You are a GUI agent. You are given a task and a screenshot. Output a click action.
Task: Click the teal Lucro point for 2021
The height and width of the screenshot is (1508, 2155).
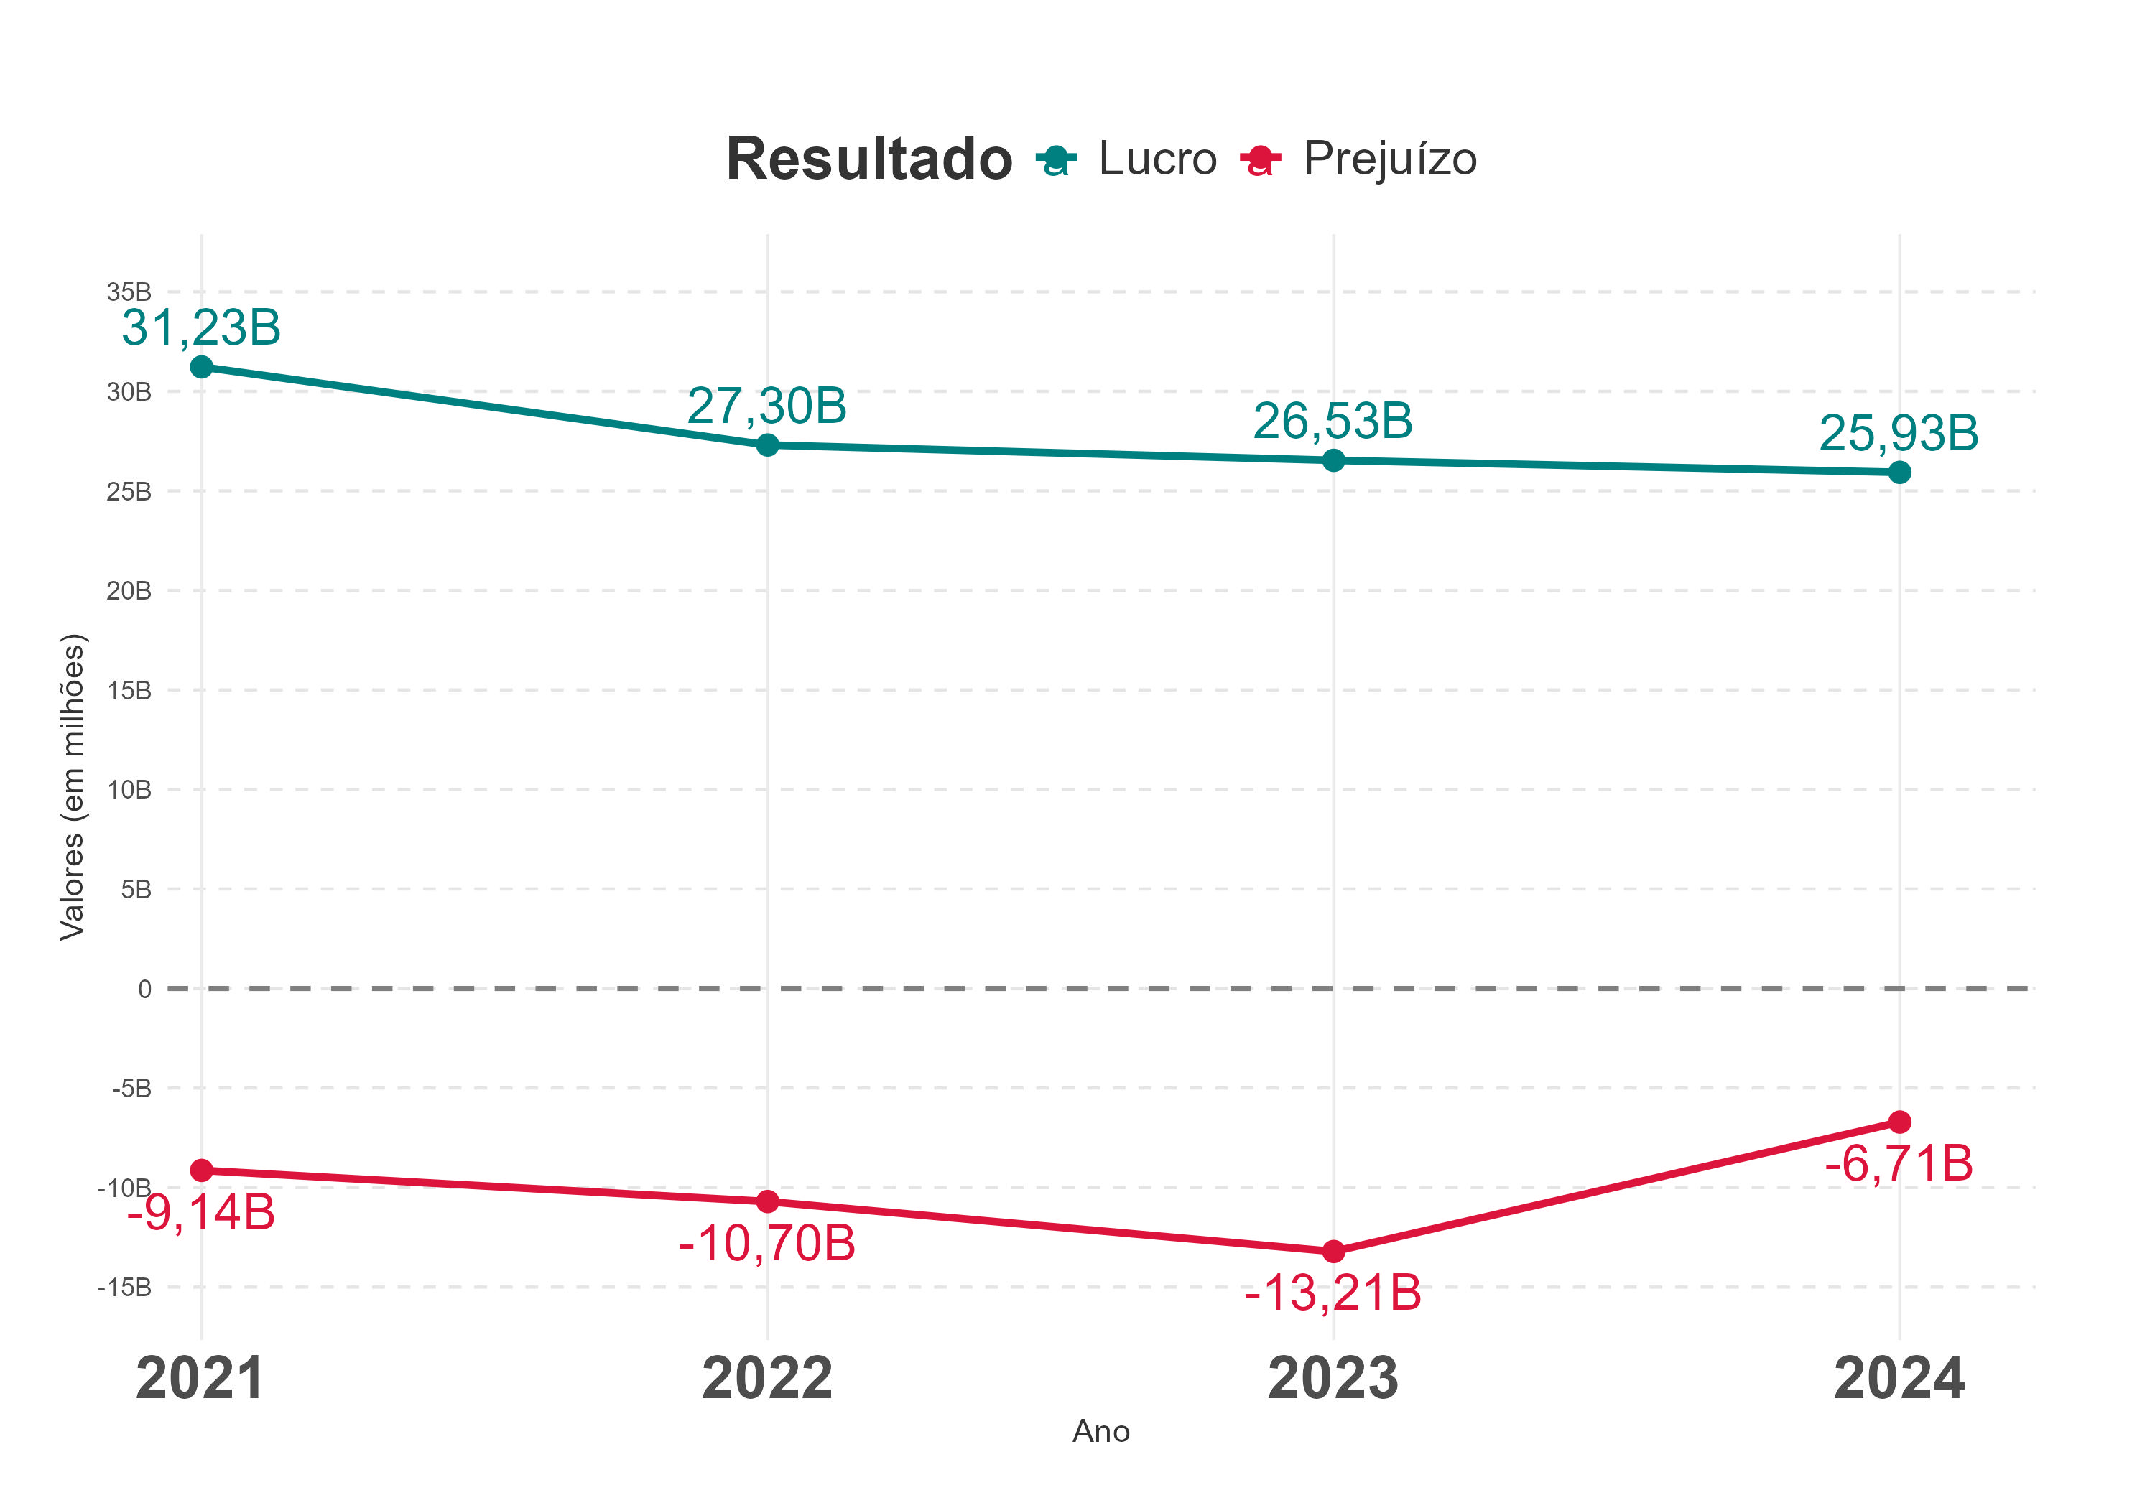pyautogui.click(x=201, y=366)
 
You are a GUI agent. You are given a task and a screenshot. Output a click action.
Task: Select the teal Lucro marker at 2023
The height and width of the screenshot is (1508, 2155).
pyautogui.click(x=1333, y=460)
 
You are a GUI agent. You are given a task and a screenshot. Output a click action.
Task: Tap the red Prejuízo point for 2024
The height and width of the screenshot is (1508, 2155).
pyautogui.click(x=1899, y=1122)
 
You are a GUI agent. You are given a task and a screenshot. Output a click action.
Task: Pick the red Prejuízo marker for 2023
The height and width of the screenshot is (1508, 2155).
pyautogui.click(x=1333, y=1251)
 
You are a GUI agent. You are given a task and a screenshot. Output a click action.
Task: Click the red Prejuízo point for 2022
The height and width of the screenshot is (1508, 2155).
pyautogui.click(x=767, y=1201)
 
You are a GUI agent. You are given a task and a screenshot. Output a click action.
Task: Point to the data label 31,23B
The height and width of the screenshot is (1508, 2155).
pyautogui.click(x=201, y=327)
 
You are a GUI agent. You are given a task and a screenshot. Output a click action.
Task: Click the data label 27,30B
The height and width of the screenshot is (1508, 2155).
pyautogui.click(x=767, y=406)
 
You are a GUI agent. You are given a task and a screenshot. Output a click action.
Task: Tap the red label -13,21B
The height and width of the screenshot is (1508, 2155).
pyautogui.click(x=1333, y=1293)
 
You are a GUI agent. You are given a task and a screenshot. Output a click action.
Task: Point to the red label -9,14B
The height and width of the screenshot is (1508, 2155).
pyautogui.click(x=201, y=1212)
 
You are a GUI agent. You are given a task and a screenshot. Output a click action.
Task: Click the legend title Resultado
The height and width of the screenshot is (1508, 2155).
pyautogui.click(x=868, y=159)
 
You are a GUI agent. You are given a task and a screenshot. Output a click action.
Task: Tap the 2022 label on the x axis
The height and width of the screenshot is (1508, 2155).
pyautogui.click(x=767, y=1379)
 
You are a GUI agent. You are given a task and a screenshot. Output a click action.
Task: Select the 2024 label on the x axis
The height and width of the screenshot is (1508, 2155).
pyautogui.click(x=1898, y=1379)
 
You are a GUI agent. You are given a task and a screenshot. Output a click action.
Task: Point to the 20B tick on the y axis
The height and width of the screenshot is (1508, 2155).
pyautogui.click(x=129, y=591)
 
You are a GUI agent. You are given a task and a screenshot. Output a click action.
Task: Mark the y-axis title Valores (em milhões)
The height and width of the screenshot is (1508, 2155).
pyautogui.click(x=73, y=786)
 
